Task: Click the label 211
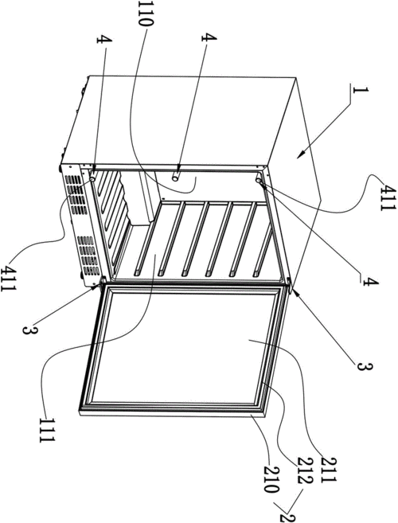coord(328,470)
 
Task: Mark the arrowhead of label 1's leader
coord(301,154)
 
